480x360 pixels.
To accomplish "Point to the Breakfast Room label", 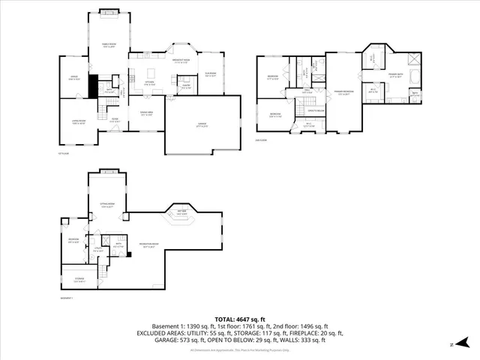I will [x=181, y=61].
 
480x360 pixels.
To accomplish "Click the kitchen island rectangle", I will [x=150, y=73].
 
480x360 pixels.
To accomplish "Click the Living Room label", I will [x=79, y=124].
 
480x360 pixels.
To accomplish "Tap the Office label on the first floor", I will [x=73, y=78].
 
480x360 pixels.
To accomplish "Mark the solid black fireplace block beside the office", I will [x=93, y=86].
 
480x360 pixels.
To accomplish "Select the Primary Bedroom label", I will [x=344, y=93].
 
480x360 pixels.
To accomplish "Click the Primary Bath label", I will [x=394, y=75].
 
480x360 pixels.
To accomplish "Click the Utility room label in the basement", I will [x=97, y=250].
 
